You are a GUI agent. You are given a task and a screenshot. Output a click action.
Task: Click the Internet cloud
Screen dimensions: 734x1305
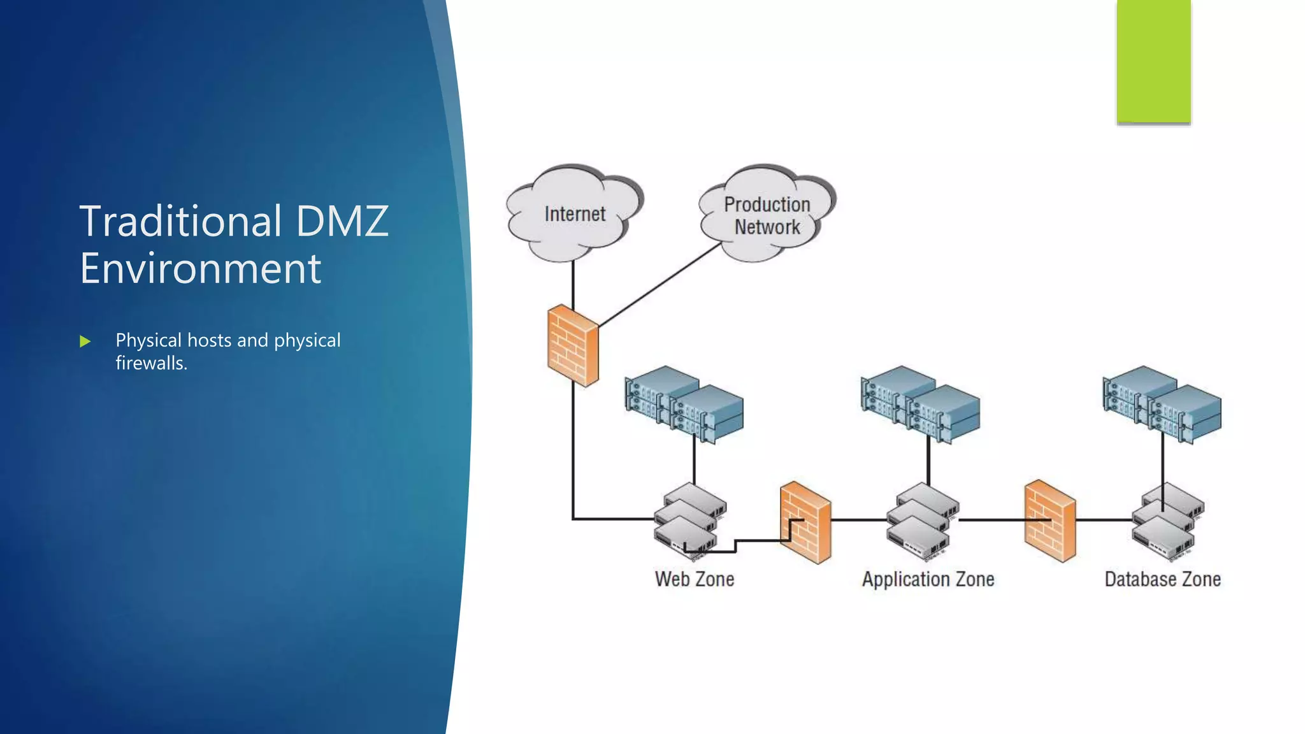click(x=573, y=214)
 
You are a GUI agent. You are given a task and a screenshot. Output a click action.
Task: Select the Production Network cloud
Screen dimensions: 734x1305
click(x=767, y=215)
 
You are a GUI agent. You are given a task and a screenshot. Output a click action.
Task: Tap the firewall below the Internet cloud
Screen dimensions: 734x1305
click(x=573, y=346)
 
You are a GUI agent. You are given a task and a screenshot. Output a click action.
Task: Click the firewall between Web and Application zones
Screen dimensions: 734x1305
click(x=805, y=523)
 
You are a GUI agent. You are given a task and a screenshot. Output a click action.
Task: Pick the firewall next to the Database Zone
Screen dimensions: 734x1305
click(x=1050, y=521)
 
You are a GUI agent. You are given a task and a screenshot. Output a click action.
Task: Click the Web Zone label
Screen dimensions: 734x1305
click(x=695, y=579)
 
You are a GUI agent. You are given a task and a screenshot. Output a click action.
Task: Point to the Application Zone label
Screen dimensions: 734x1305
click(x=928, y=579)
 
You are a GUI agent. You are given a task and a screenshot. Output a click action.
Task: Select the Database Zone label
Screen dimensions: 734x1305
click(x=1162, y=579)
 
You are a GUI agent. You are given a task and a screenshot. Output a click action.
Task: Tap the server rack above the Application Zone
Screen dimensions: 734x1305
click(x=920, y=404)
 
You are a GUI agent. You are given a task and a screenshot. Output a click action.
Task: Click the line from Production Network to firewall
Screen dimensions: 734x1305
click(x=660, y=285)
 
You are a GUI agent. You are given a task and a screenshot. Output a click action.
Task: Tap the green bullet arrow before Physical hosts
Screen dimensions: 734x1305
click(x=85, y=342)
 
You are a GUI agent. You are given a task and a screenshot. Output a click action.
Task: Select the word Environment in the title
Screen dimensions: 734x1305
click(x=200, y=268)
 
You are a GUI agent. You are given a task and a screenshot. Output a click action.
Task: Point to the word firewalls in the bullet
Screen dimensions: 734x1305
click(x=150, y=363)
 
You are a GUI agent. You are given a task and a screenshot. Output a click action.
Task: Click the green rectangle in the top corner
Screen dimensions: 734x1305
click(x=1153, y=61)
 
